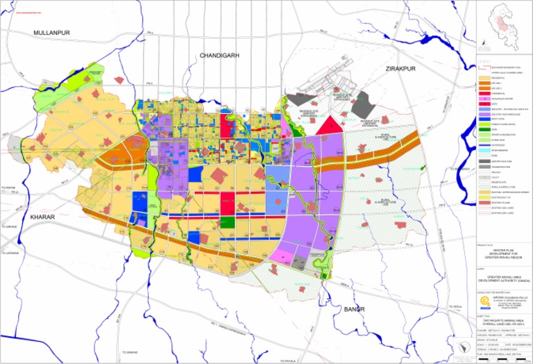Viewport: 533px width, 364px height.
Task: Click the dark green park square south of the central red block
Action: (228, 223)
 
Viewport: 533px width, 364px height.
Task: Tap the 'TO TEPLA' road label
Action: (455, 307)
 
